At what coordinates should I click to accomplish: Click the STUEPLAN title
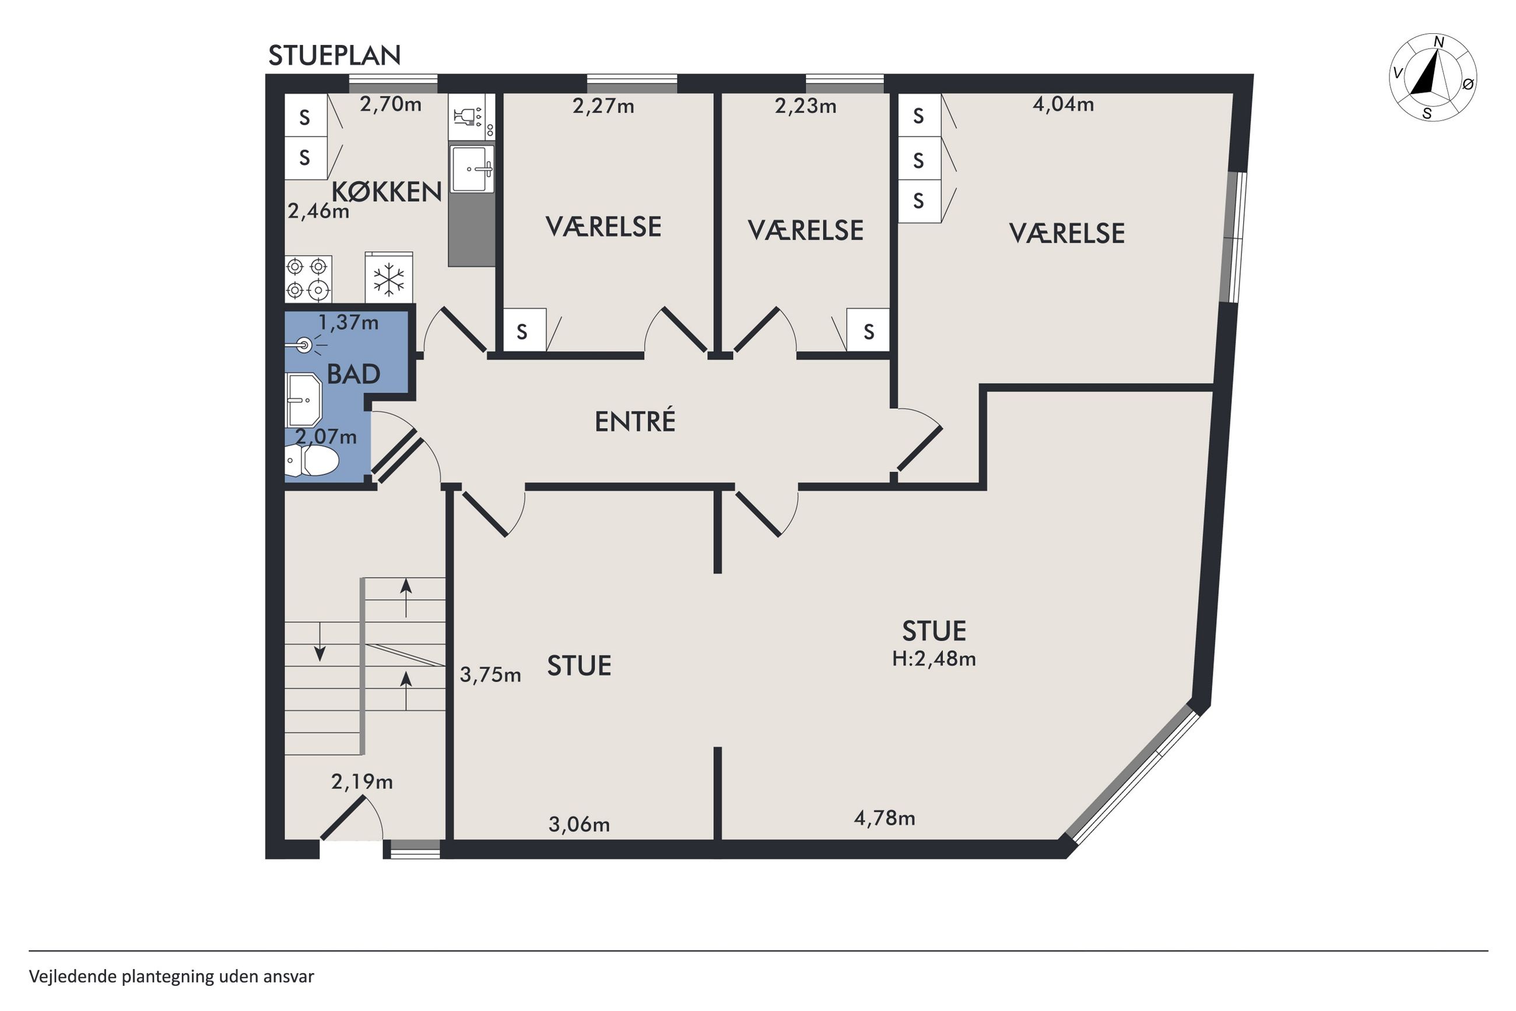(x=334, y=56)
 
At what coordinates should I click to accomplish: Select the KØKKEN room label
(x=387, y=191)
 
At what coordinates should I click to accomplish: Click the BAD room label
(x=353, y=374)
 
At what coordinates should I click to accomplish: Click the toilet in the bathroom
(x=312, y=460)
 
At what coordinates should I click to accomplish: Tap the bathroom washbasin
(x=303, y=400)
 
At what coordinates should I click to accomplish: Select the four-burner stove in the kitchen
(x=308, y=278)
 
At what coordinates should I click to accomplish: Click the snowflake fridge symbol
(x=388, y=278)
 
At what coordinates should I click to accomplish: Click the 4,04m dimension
(x=1063, y=104)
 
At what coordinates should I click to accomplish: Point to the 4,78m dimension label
(x=884, y=818)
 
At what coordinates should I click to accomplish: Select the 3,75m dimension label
(x=490, y=675)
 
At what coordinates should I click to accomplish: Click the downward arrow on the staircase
(x=320, y=642)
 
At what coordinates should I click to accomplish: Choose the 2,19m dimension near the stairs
(x=362, y=782)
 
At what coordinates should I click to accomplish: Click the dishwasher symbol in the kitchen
(x=472, y=117)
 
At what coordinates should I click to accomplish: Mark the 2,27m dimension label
(x=603, y=106)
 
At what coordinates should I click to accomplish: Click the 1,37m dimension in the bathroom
(x=349, y=323)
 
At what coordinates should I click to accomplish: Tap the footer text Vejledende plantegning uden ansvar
(x=171, y=976)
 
